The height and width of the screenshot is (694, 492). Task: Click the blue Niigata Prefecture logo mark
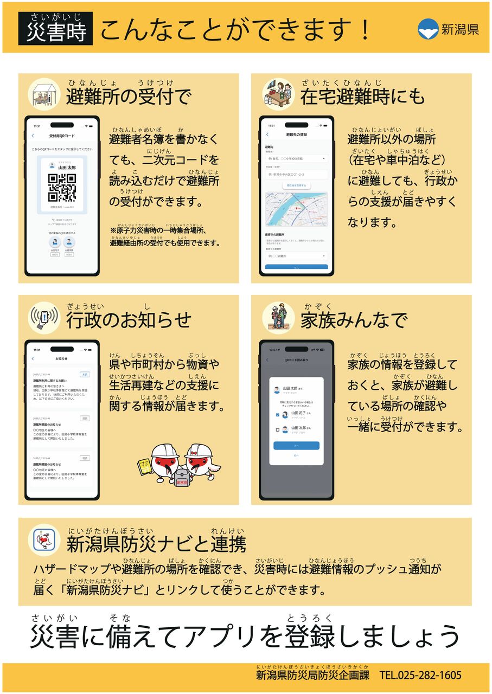[x=429, y=29]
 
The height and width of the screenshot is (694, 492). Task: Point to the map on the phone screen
[x=296, y=209]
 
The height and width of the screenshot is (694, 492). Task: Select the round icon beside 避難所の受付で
[x=43, y=94]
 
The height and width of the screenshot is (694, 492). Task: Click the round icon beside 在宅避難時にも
[x=278, y=94]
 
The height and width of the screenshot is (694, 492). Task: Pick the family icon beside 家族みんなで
[x=278, y=317]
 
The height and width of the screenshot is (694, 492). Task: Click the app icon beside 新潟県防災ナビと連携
[x=43, y=540]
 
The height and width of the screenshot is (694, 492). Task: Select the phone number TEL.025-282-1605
[x=420, y=675]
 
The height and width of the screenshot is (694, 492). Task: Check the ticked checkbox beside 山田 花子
[x=278, y=415]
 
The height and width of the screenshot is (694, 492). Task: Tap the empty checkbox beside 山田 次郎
[x=278, y=430]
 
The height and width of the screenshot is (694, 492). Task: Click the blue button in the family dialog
[x=296, y=446]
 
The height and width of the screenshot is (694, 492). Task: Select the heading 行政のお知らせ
[x=129, y=320]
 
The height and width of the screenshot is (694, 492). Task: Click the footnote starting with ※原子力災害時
[x=165, y=237]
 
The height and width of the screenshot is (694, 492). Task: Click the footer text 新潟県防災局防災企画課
[x=312, y=675]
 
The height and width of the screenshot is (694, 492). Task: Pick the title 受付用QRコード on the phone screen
[x=62, y=136]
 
